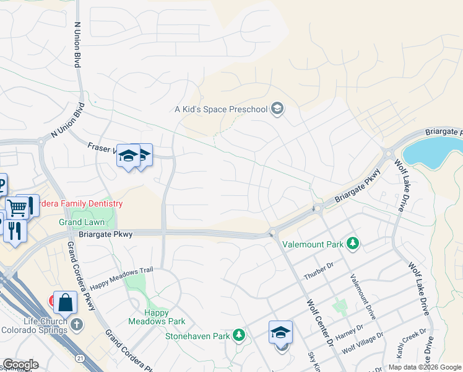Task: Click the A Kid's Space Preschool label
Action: pyautogui.click(x=221, y=110)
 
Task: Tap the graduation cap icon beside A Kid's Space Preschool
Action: pyautogui.click(x=277, y=110)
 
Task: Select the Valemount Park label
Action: pyautogui.click(x=313, y=244)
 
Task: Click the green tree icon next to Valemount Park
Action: pyautogui.click(x=353, y=244)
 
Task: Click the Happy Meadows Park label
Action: pyautogui.click(x=157, y=317)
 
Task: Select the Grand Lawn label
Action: pyautogui.click(x=80, y=222)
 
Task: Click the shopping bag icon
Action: pyautogui.click(x=65, y=303)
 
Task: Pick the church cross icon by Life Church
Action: pyautogui.click(x=76, y=324)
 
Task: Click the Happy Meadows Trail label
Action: pyautogui.click(x=121, y=279)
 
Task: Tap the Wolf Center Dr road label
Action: pyautogui.click(x=320, y=324)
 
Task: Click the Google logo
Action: pyautogui.click(x=20, y=365)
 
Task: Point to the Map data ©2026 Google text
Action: pyautogui.click(x=424, y=367)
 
